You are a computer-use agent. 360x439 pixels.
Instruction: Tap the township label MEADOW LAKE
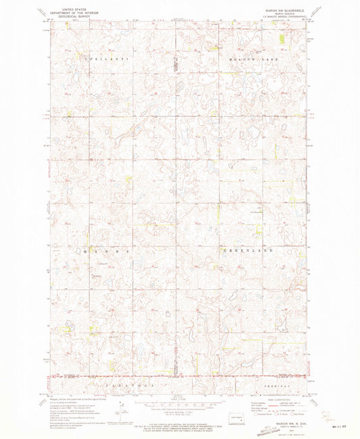[x=256, y=59]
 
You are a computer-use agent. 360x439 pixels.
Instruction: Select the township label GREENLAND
[x=248, y=251]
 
